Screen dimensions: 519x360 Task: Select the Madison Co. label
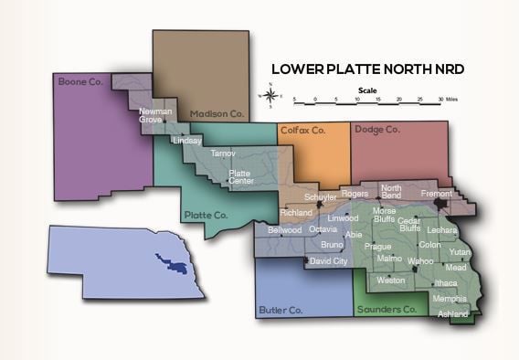216,113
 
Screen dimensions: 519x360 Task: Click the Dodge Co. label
377,130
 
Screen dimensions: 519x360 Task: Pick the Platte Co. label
205,215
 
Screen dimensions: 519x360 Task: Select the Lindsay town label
186,142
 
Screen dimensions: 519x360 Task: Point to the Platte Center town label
240,176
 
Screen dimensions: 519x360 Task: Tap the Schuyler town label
320,196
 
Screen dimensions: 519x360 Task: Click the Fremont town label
437,195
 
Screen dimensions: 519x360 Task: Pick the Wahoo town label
420,261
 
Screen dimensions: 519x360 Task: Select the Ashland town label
453,314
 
